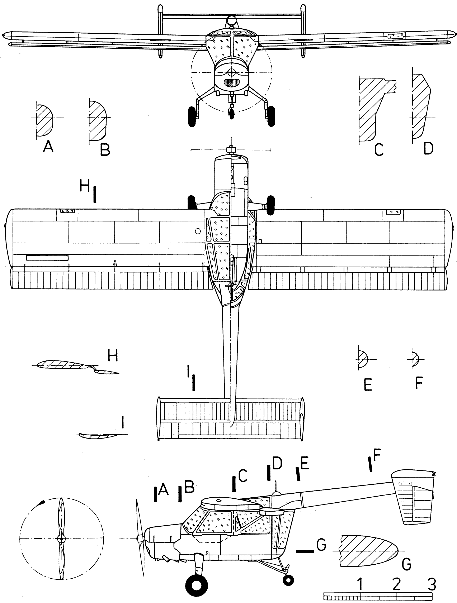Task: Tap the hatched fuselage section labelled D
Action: (420, 106)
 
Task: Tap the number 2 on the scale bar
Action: (396, 584)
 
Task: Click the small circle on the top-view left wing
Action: (198, 231)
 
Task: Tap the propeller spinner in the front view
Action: (232, 72)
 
